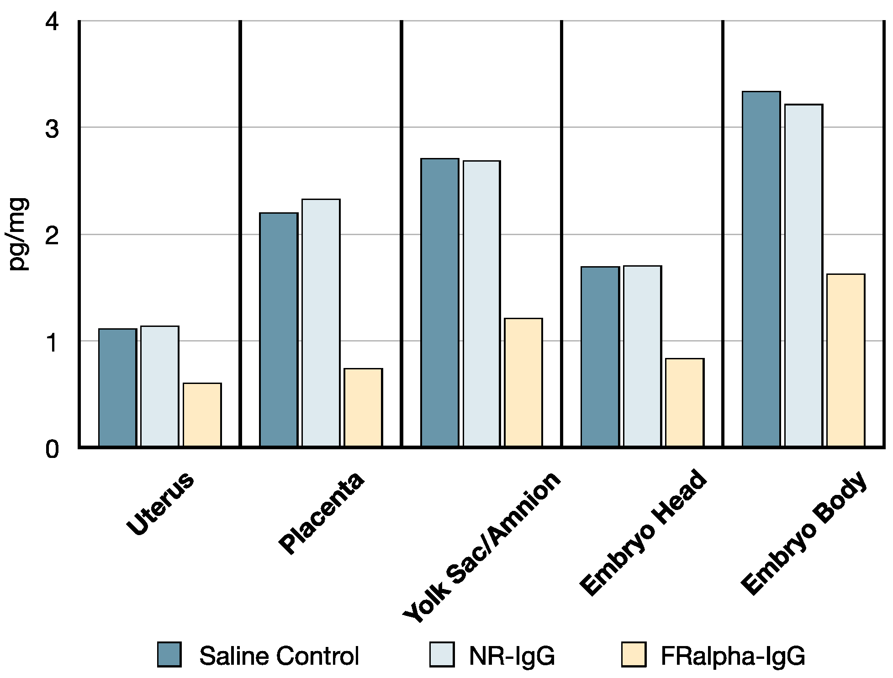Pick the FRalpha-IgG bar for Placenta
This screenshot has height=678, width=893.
coord(363,407)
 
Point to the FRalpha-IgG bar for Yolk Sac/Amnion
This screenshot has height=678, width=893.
coord(523,382)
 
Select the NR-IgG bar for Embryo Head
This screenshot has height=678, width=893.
coord(642,356)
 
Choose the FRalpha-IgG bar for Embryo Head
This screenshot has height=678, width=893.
coord(684,402)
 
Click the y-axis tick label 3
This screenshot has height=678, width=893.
coord(52,129)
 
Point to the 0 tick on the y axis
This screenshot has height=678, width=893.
coord(52,449)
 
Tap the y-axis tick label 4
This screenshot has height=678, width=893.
coord(52,22)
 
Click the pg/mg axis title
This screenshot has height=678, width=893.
coord(18,234)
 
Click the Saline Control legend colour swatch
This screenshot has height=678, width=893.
coord(169,654)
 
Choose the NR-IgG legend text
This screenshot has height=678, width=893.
coord(512,656)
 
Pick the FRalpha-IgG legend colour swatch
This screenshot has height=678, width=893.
coord(634,654)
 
